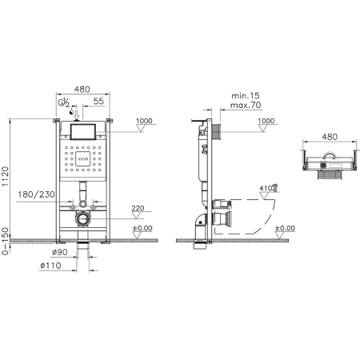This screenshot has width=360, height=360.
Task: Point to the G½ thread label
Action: (73, 103)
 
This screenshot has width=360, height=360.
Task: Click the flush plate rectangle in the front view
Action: (82, 130)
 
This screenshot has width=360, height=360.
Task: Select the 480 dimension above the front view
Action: (81, 90)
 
